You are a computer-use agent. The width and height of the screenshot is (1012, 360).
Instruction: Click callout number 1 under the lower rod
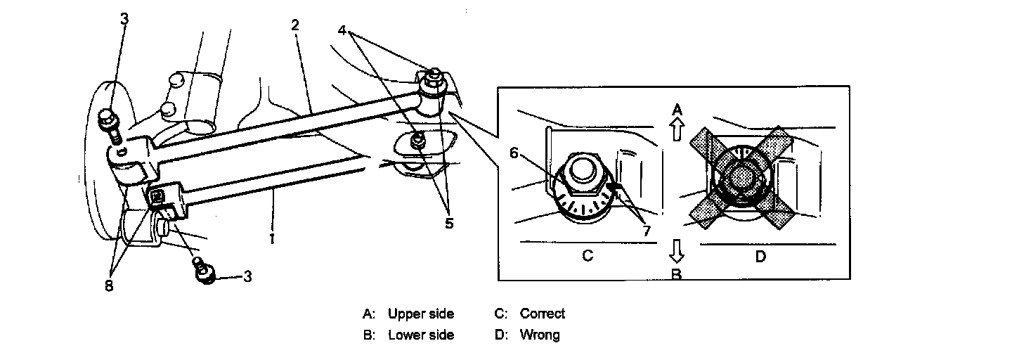(271, 238)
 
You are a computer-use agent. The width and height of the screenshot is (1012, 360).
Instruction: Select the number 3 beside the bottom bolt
(247, 277)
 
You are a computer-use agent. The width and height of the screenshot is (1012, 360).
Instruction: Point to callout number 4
(342, 31)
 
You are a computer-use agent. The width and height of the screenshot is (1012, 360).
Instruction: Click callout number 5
(448, 224)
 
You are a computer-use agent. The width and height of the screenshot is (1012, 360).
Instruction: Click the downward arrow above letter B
(676, 249)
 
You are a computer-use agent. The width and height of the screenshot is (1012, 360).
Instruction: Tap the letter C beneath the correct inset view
(588, 256)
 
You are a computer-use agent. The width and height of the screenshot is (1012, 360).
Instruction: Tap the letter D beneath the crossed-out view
(760, 257)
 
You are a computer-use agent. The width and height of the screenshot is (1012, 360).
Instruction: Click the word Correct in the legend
(542, 314)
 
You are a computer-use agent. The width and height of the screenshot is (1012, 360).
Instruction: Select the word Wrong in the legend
(540, 335)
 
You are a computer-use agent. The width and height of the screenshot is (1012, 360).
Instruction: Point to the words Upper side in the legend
(421, 314)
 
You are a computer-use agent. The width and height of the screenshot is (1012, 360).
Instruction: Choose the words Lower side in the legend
(421, 335)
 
